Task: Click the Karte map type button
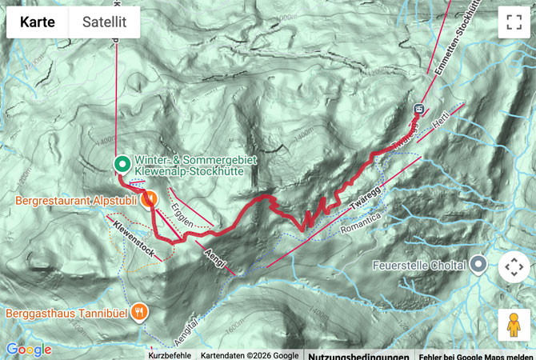click(38, 22)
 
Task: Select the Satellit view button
click(104, 22)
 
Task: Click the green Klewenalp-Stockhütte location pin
click(122, 165)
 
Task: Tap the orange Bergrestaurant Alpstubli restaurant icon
click(149, 199)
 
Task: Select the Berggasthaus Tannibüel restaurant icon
click(141, 312)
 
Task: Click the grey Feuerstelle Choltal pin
click(478, 263)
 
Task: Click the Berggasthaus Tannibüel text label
click(68, 312)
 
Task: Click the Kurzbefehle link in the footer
click(170, 355)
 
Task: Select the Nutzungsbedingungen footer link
click(358, 356)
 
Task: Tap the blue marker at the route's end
click(418, 108)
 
